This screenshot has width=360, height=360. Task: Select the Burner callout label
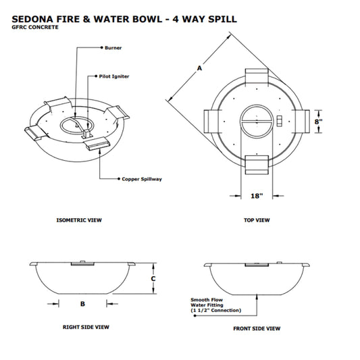(x=113, y=48)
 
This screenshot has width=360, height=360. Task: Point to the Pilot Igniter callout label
(x=115, y=76)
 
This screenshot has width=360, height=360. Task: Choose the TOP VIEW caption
(x=257, y=220)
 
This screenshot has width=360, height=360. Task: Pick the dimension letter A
(x=199, y=68)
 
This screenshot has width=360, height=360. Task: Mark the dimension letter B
(x=82, y=303)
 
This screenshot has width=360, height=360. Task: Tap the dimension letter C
(x=153, y=278)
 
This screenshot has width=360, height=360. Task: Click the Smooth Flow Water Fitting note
(x=213, y=305)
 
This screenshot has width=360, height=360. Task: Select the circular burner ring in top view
(x=257, y=120)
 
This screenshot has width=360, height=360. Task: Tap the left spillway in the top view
(x=212, y=121)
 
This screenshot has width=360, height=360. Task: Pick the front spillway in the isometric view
(x=98, y=143)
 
